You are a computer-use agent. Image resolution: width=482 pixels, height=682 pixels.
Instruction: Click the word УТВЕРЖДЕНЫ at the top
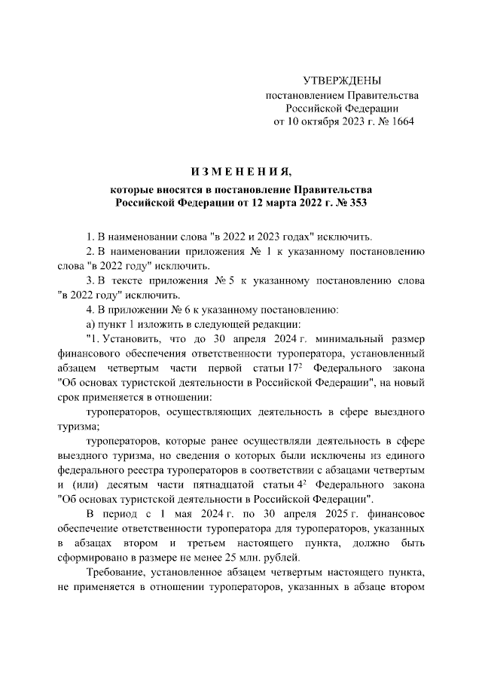tap(342, 81)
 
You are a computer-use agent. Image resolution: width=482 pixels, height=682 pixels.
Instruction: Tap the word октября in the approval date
tap(328, 121)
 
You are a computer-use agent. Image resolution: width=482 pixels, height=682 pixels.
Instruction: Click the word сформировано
tap(91, 558)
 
